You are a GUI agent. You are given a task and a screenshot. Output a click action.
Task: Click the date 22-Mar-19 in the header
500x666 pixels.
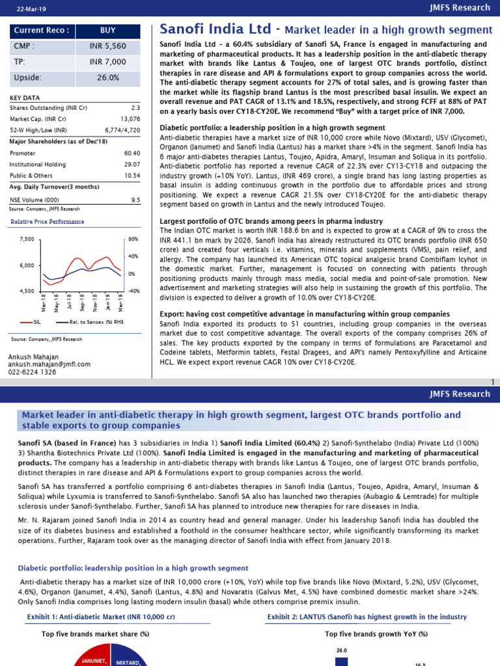pos(25,8)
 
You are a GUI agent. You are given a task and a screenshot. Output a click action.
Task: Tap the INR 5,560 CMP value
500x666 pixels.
pos(108,46)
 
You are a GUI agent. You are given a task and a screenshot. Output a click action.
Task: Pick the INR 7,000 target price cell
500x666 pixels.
pos(108,62)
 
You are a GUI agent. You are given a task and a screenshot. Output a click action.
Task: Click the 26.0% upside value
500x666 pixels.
pos(108,77)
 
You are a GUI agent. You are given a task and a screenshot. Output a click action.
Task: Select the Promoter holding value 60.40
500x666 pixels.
pos(132,153)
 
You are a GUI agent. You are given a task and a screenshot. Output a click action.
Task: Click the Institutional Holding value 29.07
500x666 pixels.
pos(132,165)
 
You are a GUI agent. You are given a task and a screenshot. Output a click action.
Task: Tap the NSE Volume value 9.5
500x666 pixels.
pos(135,200)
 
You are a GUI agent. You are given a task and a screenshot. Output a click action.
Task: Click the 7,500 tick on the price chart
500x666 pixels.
pos(25,240)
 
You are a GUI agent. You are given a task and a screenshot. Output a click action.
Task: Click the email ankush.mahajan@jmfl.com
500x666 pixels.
pos(49,365)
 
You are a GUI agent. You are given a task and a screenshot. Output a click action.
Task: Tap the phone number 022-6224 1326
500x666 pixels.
pos(33,373)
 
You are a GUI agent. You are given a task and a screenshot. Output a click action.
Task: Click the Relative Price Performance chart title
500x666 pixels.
pos(46,222)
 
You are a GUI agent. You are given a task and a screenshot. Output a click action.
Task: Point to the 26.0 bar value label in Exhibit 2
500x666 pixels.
pos(342,650)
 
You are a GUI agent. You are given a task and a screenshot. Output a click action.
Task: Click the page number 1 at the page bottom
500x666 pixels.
pos(493,381)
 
